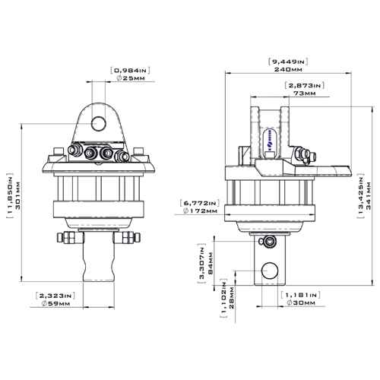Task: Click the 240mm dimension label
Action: tap(288, 69)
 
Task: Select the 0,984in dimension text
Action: tap(130, 70)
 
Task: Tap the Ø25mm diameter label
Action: tap(131, 78)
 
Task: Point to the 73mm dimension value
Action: tap(305, 93)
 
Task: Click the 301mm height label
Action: tap(17, 195)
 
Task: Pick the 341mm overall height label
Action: tap(369, 195)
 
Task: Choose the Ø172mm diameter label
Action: tap(200, 211)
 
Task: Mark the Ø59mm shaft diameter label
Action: tap(55, 303)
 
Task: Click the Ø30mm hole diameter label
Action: tap(301, 302)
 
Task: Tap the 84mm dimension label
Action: tap(210, 263)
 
